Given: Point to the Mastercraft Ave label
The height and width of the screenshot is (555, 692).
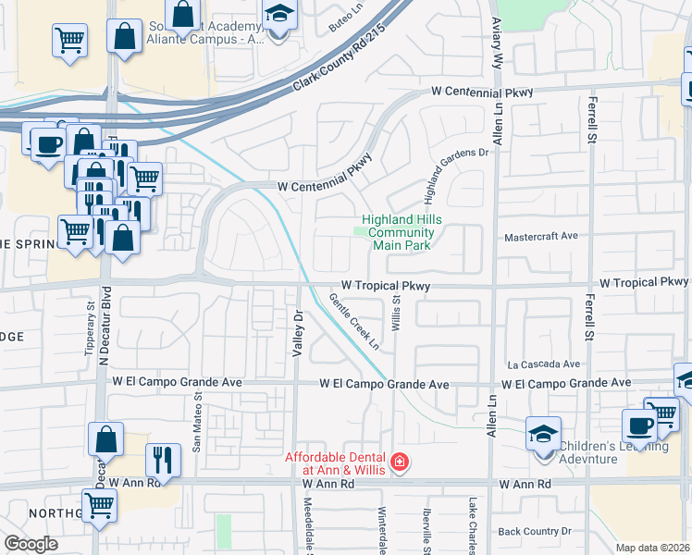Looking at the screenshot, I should tap(540, 237).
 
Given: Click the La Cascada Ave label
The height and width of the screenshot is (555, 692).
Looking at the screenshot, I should tap(543, 364).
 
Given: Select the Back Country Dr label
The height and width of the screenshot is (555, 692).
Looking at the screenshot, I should tap(536, 531).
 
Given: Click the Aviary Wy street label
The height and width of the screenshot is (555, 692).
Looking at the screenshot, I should tap(498, 37).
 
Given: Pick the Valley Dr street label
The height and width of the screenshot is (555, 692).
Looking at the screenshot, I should tap(298, 328).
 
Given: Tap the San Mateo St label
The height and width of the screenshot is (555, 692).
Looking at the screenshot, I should tap(197, 421).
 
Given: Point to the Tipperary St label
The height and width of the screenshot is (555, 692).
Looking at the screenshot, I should tap(91, 327).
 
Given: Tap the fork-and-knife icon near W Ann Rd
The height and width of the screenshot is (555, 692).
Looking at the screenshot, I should tap(163, 458).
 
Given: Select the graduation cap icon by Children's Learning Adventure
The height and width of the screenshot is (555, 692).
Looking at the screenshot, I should tap(543, 433).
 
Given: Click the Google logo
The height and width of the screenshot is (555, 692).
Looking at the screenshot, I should tap(31, 543).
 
